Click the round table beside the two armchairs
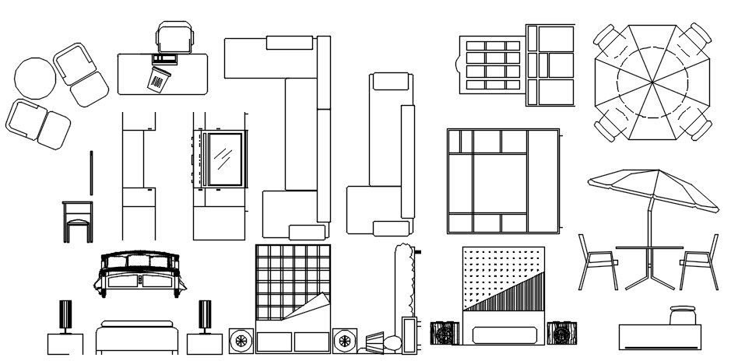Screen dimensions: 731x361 click(35, 79)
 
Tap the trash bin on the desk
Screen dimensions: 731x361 click(159, 79)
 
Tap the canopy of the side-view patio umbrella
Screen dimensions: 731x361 click(652, 188)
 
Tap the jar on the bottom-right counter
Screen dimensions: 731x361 click(682, 316)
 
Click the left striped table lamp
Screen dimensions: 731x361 click(65, 316)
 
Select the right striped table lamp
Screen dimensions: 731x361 click(206, 316)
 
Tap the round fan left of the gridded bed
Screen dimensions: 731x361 click(241, 340)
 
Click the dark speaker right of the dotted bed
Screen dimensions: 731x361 click(561, 333)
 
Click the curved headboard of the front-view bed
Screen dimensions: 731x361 click(141, 261)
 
